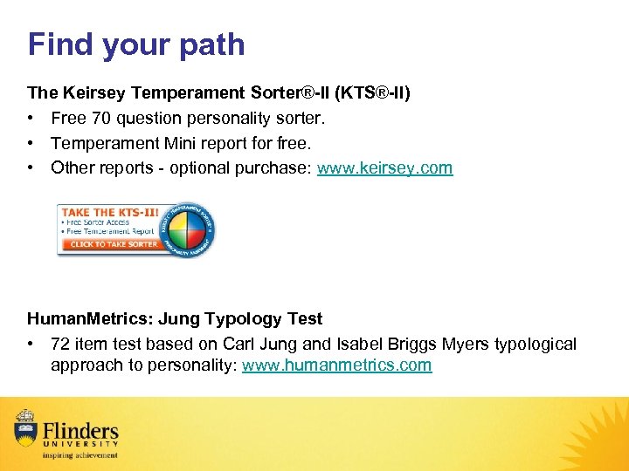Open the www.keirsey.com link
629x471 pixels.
click(384, 167)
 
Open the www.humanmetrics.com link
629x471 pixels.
click(336, 365)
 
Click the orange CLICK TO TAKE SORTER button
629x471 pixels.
click(114, 244)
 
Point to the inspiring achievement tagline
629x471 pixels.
click(79, 454)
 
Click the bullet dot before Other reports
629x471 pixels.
click(31, 167)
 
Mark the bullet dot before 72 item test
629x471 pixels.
click(31, 345)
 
